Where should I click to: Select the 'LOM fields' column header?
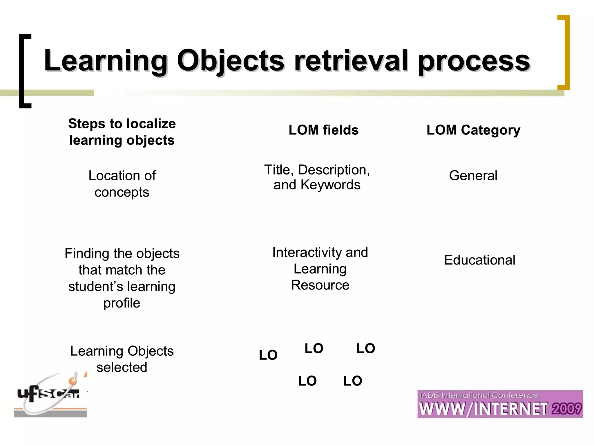[323, 130]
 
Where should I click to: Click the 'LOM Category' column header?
[473, 130]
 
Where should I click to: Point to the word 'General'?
[473, 176]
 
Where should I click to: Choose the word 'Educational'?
[480, 260]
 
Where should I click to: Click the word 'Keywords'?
[330, 185]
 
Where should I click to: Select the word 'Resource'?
[320, 285]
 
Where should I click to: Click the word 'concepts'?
[122, 192]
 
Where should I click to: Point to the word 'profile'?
[122, 303]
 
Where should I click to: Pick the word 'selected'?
[122, 367]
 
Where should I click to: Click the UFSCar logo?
[51, 395]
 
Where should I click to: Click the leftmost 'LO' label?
[268, 355]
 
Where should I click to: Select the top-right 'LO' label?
[365, 348]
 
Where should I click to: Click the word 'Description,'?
[334, 170]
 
